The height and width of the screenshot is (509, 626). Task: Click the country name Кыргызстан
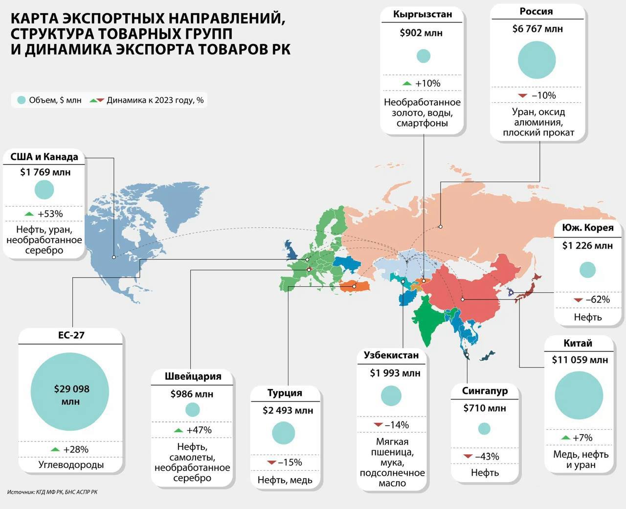pyautogui.click(x=423, y=14)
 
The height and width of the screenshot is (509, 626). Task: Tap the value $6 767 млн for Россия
pyautogui.click(x=537, y=29)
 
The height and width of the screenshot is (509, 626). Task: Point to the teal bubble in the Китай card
pyautogui.click(x=579, y=395)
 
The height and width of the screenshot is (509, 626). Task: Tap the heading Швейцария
pyautogui.click(x=193, y=376)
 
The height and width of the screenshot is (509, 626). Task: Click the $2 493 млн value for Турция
pyautogui.click(x=288, y=410)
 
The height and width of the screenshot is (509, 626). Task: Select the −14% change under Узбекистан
pyautogui.click(x=397, y=425)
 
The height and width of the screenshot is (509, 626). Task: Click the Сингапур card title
pyautogui.click(x=485, y=391)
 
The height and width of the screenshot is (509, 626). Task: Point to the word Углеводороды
pyautogui.click(x=71, y=464)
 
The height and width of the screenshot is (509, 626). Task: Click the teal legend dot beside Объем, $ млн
pyautogui.click(x=21, y=100)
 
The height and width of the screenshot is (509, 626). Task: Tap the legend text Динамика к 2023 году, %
pyautogui.click(x=155, y=100)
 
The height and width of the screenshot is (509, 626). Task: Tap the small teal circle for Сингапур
pyautogui.click(x=484, y=429)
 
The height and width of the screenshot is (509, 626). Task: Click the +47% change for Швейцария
pyautogui.click(x=199, y=430)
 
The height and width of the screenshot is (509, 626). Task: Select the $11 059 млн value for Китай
pyautogui.click(x=580, y=360)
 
